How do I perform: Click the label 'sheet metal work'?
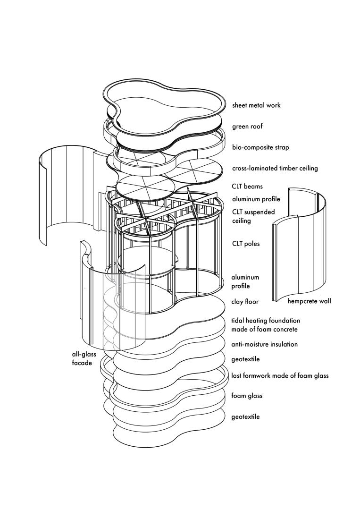[x=256, y=105]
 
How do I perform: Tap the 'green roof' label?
[x=247, y=127]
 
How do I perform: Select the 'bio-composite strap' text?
[x=260, y=148]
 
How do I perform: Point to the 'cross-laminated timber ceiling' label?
[x=275, y=169]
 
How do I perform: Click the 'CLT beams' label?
[x=247, y=187]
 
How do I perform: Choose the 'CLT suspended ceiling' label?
[x=253, y=216]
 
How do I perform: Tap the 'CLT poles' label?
[x=246, y=244]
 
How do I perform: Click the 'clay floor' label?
[x=245, y=302]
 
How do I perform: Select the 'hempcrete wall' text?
[x=309, y=301]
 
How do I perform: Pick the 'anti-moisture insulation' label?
[x=265, y=344]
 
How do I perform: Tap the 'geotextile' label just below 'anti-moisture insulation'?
[x=246, y=359]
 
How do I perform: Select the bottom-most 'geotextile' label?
[x=246, y=417]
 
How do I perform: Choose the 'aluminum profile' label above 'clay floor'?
[x=245, y=281]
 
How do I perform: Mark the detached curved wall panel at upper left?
[x=66, y=189]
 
